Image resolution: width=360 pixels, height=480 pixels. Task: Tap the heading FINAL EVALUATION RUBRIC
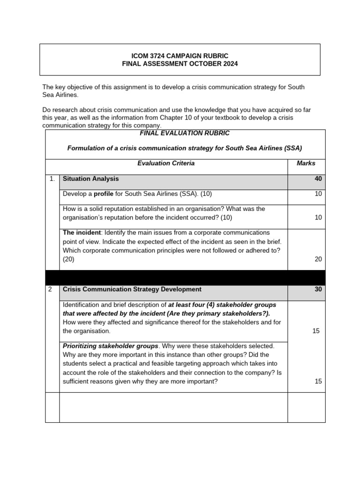tap(185, 134)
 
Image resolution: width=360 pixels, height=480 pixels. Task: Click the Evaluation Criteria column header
tap(166, 164)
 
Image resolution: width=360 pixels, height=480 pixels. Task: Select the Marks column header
tap(306, 164)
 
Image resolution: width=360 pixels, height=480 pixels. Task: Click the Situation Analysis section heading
tap(90, 179)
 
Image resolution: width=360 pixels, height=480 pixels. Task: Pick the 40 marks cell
tap(318, 179)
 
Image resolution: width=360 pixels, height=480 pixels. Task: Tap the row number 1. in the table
tap(52, 179)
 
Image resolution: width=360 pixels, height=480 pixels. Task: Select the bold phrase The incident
tap(82, 232)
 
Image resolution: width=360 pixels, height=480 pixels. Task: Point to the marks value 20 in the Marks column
tap(318, 259)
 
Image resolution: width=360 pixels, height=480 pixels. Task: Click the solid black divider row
tap(185, 277)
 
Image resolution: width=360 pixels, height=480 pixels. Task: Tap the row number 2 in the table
tap(51, 290)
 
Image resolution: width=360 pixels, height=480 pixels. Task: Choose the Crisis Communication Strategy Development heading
tap(132, 290)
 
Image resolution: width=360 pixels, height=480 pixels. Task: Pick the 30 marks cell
tap(318, 290)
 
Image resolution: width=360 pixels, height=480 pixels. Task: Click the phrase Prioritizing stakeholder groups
tap(110, 346)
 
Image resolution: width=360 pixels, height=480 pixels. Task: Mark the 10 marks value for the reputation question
tap(318, 217)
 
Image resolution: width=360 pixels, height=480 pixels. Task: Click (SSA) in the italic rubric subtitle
tap(293, 148)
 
